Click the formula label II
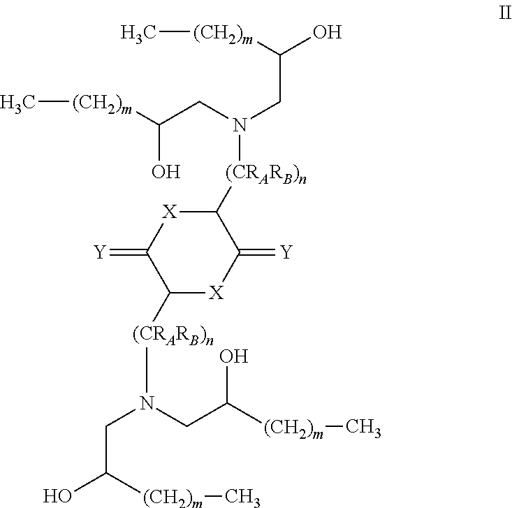[505, 13]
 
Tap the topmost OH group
[327, 32]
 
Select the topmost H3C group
[138, 33]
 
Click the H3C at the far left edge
[17, 103]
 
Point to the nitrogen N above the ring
[240, 125]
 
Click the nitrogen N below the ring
[147, 402]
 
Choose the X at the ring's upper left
[170, 212]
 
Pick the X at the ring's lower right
[216, 292]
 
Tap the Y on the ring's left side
[100, 252]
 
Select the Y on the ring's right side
[286, 252]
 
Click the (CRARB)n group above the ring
[266, 174]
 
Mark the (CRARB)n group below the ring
[173, 335]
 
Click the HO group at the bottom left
[57, 496]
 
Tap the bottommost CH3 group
[242, 498]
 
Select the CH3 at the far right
[363, 427]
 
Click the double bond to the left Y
[129, 252]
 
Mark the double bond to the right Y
[257, 252]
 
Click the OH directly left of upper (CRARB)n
[166, 172]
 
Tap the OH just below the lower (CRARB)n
[234, 356]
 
